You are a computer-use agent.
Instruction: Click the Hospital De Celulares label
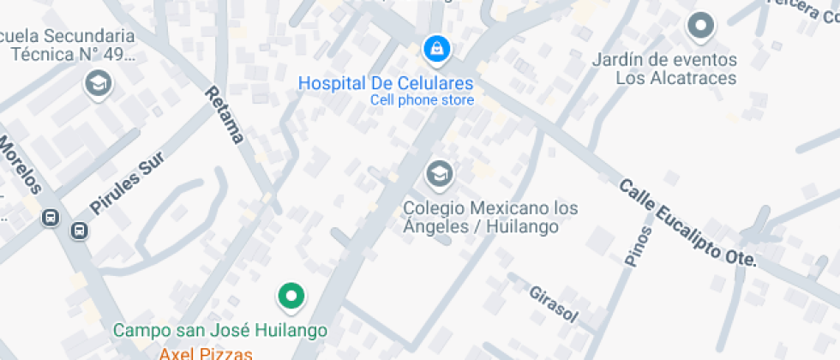coord(386,84)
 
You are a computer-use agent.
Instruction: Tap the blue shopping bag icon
coord(437,49)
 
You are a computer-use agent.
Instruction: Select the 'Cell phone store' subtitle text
coord(422,100)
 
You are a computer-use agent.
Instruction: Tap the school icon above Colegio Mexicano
coord(440,174)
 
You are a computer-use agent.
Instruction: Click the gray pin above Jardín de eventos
coord(701,27)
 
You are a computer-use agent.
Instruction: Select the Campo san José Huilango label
coord(220,330)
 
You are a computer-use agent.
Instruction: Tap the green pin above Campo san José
coord(291,297)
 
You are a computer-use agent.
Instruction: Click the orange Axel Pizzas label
coord(206,353)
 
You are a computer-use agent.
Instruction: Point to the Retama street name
coord(225,114)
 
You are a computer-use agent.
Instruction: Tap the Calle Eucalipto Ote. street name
coord(687,223)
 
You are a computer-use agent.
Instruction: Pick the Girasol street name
coord(553,303)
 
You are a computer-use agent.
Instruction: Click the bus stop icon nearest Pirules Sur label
coord(79,230)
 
